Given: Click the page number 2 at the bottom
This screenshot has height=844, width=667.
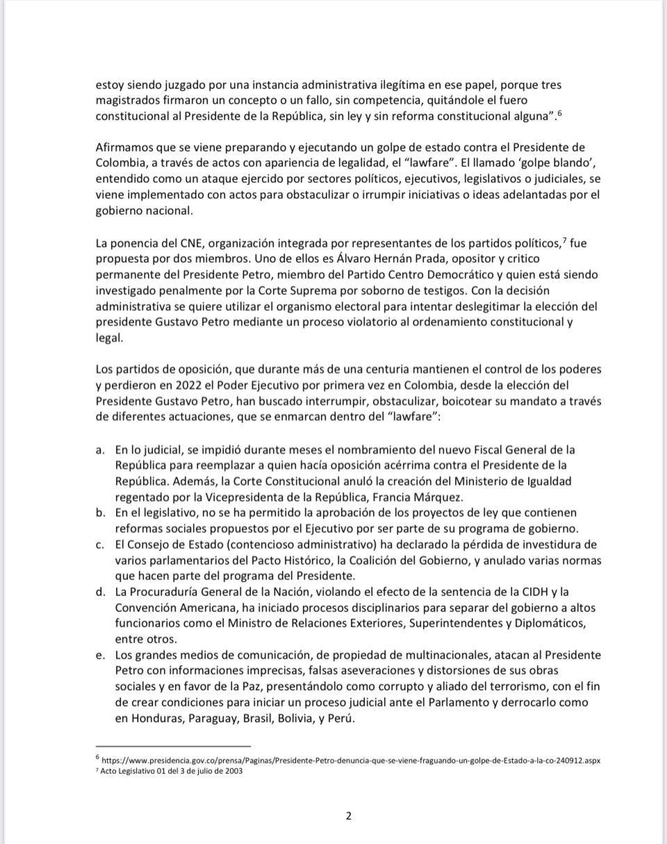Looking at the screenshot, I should click(x=348, y=816).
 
